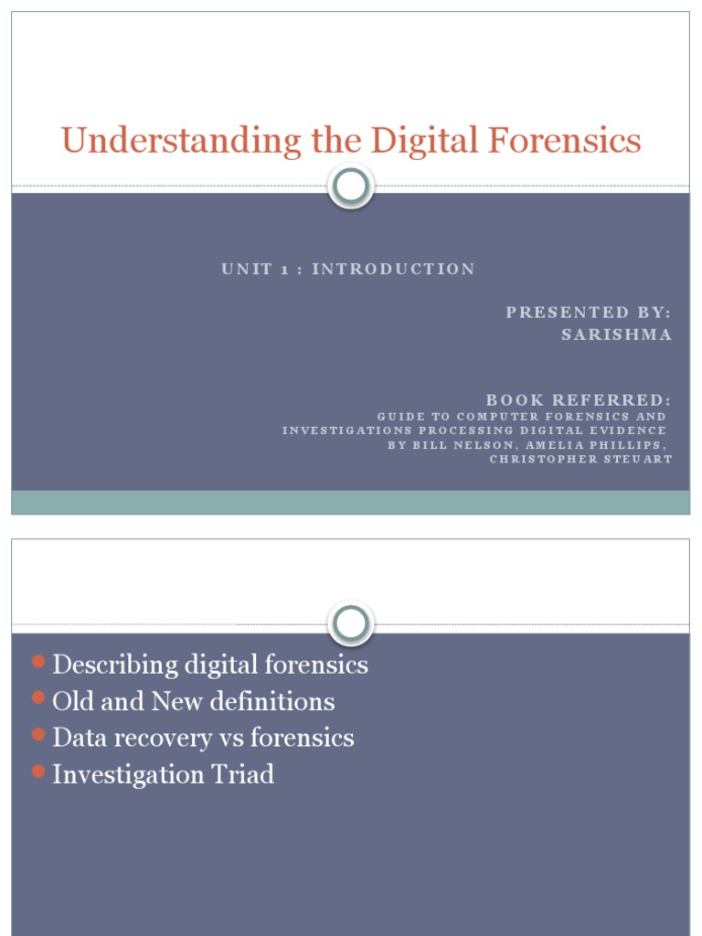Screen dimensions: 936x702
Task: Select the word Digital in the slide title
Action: tap(419, 141)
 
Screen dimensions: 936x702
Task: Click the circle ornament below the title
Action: tap(351, 187)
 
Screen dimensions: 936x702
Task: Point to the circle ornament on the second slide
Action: tap(351, 624)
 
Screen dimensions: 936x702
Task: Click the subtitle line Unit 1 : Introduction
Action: tap(348, 269)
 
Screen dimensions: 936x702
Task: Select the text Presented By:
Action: tap(589, 313)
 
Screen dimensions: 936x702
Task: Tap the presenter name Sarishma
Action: tap(616, 335)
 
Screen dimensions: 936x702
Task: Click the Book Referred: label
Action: tap(579, 400)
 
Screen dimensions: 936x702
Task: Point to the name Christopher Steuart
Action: tap(580, 459)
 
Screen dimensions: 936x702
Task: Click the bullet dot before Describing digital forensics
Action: tap(37, 661)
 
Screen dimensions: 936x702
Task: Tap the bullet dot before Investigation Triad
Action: tap(37, 771)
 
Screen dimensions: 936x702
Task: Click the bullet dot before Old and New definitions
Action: tap(37, 697)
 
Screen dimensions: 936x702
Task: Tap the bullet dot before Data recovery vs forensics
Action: tap(37, 734)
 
